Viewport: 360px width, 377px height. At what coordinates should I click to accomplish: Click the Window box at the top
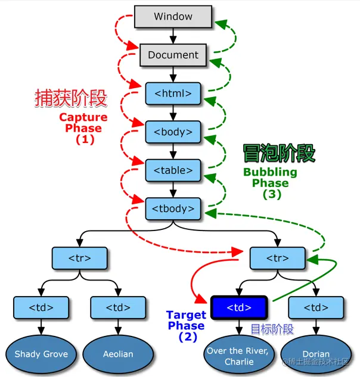point(173,16)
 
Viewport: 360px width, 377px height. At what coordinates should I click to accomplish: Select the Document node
point(173,55)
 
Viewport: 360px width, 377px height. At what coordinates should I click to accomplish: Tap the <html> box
point(173,93)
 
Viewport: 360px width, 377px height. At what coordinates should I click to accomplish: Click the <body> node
point(173,131)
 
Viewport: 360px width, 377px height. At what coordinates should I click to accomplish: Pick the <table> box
point(173,170)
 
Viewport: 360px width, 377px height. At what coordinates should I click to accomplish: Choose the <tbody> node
point(173,208)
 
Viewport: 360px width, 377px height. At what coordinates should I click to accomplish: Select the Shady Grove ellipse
point(41,354)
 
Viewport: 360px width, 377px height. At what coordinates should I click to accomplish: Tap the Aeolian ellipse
point(118,354)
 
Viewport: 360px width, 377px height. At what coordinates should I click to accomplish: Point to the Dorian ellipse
point(316,354)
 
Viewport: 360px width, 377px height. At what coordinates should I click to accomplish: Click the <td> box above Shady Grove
point(41,307)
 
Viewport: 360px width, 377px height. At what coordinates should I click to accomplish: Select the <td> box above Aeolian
point(118,307)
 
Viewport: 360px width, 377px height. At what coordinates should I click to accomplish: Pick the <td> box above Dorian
point(316,307)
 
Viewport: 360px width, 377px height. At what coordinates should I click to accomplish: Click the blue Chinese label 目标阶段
point(272,329)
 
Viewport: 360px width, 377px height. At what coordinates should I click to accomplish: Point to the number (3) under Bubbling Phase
point(272,194)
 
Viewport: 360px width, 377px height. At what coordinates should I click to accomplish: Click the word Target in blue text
point(186,314)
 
